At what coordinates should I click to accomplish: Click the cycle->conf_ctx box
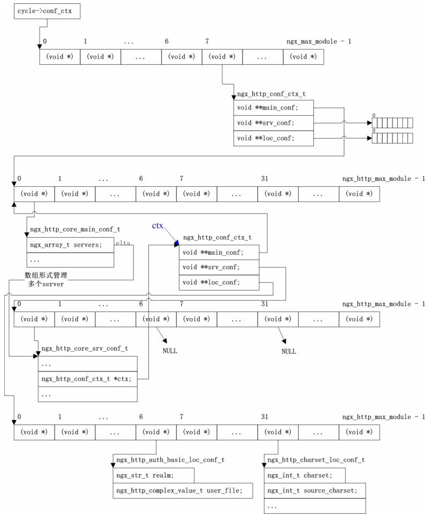point(47,11)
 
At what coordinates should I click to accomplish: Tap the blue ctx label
point(157,226)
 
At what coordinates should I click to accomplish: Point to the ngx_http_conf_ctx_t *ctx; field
point(88,378)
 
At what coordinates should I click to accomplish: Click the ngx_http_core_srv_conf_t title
point(84,348)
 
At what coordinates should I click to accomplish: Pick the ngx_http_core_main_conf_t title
point(75,229)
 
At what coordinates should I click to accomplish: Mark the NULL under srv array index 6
point(170,351)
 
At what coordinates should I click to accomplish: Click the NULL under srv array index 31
point(289,352)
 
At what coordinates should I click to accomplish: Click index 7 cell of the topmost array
point(222,57)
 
